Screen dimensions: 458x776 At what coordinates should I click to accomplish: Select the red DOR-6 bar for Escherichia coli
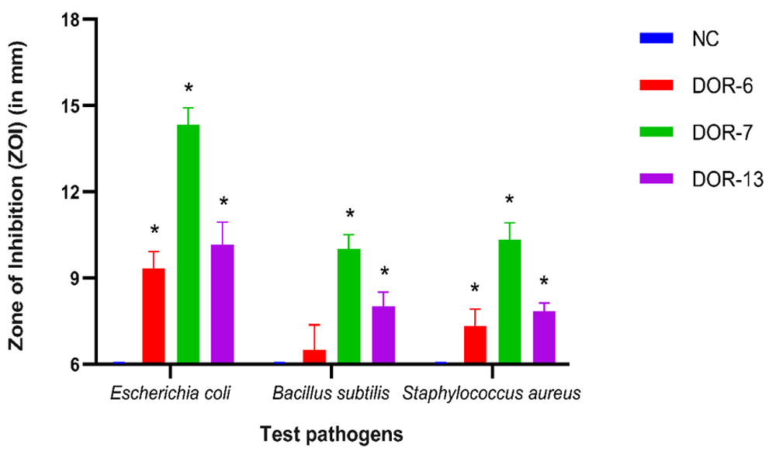(x=154, y=315)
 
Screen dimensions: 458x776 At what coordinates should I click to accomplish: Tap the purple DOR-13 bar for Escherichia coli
(x=223, y=304)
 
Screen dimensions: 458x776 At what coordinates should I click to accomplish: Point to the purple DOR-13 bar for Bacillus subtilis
(x=383, y=335)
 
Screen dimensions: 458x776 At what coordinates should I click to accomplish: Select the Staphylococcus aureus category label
(x=491, y=393)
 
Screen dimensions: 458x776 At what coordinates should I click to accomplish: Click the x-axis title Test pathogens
(x=331, y=434)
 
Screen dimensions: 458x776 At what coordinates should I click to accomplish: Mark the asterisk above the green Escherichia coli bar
(x=188, y=87)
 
